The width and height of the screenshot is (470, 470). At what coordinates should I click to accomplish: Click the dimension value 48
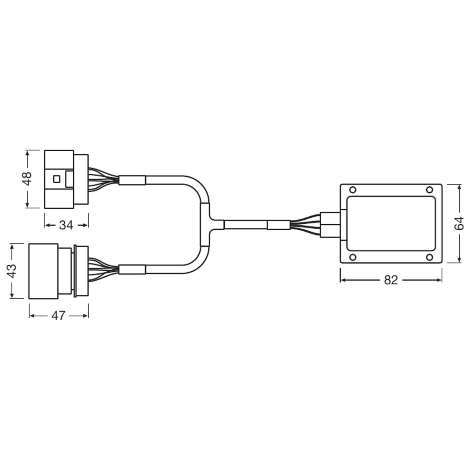(x=28, y=179)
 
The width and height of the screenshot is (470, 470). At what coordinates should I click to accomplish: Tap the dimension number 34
(x=66, y=225)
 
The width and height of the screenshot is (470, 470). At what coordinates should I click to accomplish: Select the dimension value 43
(x=12, y=271)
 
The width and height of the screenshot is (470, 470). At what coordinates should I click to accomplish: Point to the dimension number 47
(x=58, y=316)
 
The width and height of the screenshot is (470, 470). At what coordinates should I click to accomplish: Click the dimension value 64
(x=459, y=223)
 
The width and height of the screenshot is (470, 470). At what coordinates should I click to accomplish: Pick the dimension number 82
(x=391, y=280)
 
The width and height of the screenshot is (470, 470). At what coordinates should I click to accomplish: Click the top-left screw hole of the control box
(x=352, y=190)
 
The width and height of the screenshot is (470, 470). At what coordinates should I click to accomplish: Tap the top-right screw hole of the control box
(x=430, y=190)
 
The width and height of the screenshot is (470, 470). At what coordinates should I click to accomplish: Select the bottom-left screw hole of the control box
(x=352, y=257)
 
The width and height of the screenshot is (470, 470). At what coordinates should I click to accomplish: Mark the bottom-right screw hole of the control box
(x=430, y=257)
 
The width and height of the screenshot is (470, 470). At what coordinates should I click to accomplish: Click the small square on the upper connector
(x=56, y=179)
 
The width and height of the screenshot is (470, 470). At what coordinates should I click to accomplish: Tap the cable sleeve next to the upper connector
(x=132, y=180)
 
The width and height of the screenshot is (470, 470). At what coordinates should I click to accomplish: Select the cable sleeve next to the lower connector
(x=132, y=269)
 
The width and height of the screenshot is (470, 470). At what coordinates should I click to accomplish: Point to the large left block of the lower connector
(x=43, y=271)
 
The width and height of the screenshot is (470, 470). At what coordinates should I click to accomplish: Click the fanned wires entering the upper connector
(x=103, y=179)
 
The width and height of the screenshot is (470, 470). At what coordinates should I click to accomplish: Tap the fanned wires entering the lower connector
(x=103, y=269)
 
